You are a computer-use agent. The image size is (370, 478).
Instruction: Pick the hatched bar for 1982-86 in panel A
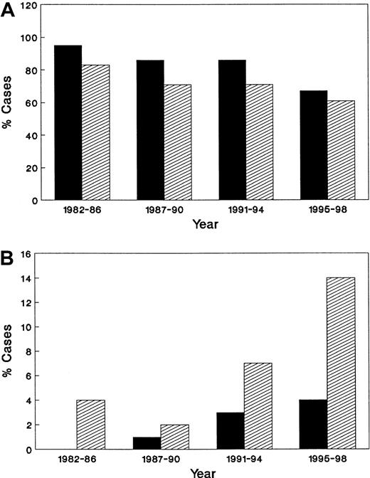point(95,132)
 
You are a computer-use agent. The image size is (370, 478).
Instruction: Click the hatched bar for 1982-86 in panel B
point(90,425)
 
